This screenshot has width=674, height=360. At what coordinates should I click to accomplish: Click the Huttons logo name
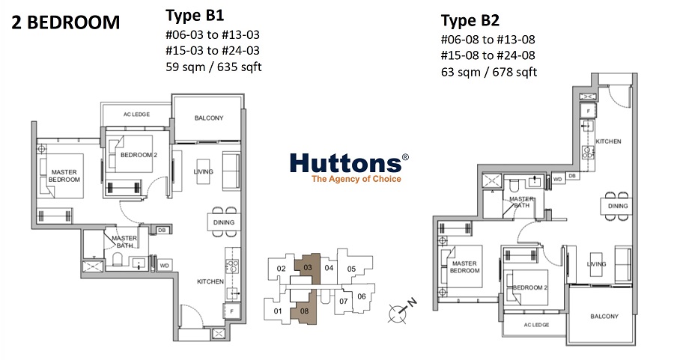pyautogui.click(x=346, y=163)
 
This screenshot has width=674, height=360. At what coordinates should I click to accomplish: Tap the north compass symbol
pyautogui.click(x=401, y=310)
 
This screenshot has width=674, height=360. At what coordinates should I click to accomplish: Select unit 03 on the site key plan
pyautogui.click(x=307, y=269)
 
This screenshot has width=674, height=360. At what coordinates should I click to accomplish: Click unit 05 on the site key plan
pyautogui.click(x=352, y=269)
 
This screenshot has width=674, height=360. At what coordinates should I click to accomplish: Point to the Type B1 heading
pyautogui.click(x=195, y=16)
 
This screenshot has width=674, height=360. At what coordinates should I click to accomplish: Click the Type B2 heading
pyautogui.click(x=470, y=20)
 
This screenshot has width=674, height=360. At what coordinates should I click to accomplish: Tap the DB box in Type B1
pyautogui.click(x=162, y=231)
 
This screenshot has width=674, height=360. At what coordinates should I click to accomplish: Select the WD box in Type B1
pyautogui.click(x=164, y=266)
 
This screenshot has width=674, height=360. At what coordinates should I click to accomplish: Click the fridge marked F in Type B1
pyautogui.click(x=231, y=311)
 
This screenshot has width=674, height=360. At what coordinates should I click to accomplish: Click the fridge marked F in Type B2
pyautogui.click(x=588, y=111)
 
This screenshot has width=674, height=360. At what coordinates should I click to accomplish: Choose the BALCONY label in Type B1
pyautogui.click(x=209, y=118)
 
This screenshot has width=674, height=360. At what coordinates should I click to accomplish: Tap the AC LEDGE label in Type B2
pyautogui.click(x=536, y=325)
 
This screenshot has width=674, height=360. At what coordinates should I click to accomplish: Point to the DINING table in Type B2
pyautogui.click(x=617, y=207)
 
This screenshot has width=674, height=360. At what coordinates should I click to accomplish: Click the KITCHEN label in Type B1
pyautogui.click(x=210, y=281)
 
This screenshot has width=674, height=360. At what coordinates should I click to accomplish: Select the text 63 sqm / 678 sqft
pyautogui.click(x=489, y=72)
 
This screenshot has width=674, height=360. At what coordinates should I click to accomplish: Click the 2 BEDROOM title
pyautogui.click(x=65, y=22)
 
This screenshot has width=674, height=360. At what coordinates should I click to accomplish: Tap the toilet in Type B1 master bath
pyautogui.click(x=118, y=259)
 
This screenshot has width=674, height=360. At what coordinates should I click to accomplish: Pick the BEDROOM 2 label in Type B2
pyautogui.click(x=530, y=287)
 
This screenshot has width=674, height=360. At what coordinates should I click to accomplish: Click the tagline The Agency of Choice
pyautogui.click(x=356, y=179)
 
